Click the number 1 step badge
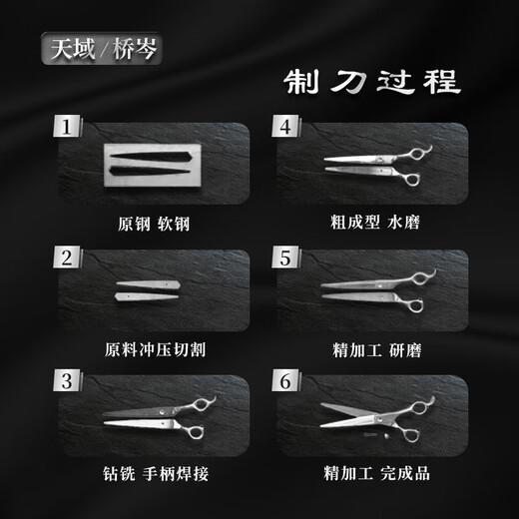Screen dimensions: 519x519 click(x=67, y=128)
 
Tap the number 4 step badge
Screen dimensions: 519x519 click(x=284, y=128)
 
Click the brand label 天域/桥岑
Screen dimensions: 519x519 click(x=100, y=47)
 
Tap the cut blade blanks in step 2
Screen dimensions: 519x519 click(x=148, y=290)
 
